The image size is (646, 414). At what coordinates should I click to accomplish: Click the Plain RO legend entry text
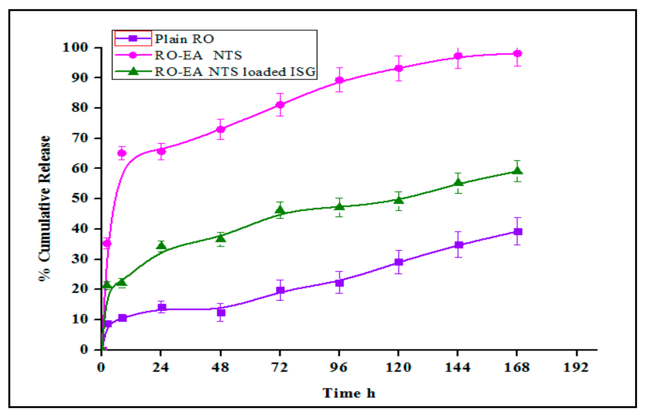click(184, 39)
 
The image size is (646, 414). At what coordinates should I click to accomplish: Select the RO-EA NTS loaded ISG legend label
click(235, 71)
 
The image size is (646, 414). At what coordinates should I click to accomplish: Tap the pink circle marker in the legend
click(133, 55)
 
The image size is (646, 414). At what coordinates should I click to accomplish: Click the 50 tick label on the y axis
click(80, 198)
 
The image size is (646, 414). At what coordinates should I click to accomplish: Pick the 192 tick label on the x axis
click(576, 367)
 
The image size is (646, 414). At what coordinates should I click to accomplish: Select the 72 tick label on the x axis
click(280, 367)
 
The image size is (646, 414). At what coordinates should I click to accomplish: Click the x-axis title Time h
click(349, 393)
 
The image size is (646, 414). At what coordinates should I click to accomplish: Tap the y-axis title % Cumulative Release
click(45, 208)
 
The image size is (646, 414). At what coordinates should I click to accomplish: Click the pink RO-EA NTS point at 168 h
click(518, 54)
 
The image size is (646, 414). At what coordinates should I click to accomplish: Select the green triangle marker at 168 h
click(518, 171)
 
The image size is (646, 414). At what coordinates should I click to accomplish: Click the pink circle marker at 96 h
click(339, 80)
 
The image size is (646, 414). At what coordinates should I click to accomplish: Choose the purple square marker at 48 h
click(221, 312)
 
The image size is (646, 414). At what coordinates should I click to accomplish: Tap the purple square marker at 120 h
click(399, 262)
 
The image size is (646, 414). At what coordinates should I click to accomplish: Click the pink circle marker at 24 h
click(161, 151)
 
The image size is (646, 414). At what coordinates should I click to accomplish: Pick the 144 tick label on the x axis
click(457, 367)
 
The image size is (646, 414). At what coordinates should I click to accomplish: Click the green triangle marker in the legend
click(133, 71)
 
